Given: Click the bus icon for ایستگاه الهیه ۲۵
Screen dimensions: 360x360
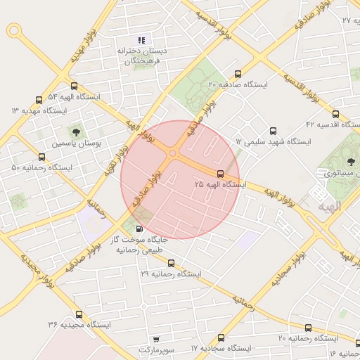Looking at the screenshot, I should [221, 174].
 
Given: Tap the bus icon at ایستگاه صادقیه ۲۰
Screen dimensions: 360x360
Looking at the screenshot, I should [238, 74].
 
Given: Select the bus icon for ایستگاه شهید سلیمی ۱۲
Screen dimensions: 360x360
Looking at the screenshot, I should [274, 130].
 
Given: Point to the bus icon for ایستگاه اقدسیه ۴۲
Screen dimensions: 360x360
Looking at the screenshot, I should [335, 114].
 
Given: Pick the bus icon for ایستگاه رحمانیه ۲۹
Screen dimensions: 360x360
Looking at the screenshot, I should [172, 263].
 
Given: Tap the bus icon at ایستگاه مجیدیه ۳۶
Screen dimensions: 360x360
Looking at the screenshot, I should [79, 314].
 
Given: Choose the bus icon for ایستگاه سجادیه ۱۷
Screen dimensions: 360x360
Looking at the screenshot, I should [221, 337].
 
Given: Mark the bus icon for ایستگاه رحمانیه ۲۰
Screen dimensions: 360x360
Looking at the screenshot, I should [308, 328].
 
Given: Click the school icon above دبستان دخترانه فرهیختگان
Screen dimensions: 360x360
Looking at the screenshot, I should [141, 41].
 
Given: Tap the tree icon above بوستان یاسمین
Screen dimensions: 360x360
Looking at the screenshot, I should [76, 131].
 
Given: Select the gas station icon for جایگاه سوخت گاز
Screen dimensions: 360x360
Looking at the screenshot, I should [139, 229].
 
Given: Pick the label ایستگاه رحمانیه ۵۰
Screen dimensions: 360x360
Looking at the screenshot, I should [42, 168].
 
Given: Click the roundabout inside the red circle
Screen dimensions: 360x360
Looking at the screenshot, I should [172, 153].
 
